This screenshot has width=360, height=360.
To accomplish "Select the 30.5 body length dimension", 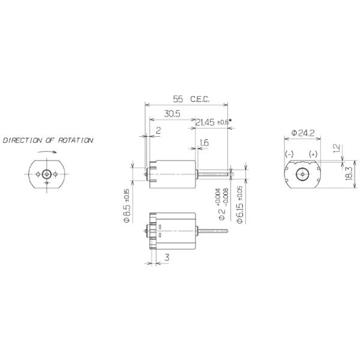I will (172, 113).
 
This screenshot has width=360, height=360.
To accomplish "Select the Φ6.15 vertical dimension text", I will (239, 206).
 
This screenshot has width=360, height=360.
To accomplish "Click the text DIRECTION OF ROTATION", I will (48, 140).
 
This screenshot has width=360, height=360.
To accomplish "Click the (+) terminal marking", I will (313, 154).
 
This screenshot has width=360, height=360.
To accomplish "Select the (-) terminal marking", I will (289, 154).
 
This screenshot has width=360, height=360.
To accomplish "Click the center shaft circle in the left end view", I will (46, 173).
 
